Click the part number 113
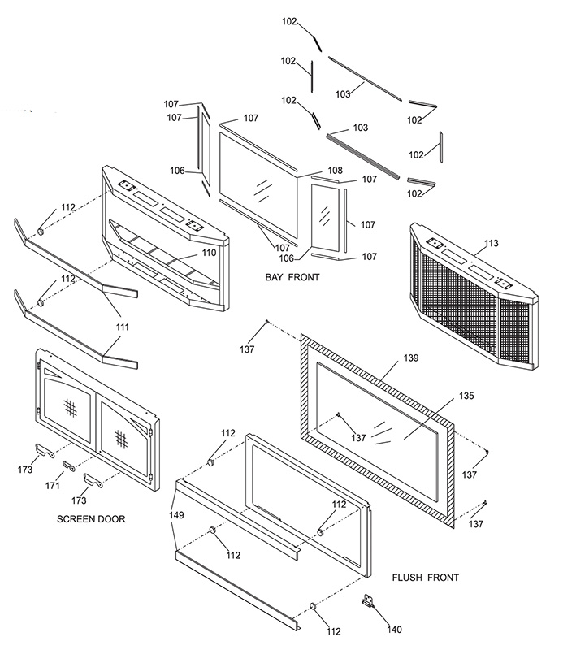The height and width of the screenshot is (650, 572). tap(492, 243)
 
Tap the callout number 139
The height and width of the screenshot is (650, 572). tap(411, 357)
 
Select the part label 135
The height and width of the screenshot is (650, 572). tap(466, 396)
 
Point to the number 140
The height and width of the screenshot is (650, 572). tap(394, 630)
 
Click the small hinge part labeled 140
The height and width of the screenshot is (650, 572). tap(366, 600)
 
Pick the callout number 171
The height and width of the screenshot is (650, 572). tap(53, 485)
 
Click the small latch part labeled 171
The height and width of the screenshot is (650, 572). tap(68, 466)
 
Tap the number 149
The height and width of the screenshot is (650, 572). tap(176, 515)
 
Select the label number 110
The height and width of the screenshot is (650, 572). tap(209, 253)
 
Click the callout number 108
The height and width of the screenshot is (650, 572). tap(335, 170)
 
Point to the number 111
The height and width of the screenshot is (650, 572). tap(122, 327)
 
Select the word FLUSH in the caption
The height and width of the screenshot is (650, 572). tap(407, 578)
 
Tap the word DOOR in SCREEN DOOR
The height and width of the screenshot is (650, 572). tap(111, 519)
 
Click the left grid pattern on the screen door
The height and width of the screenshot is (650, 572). tap(71, 407)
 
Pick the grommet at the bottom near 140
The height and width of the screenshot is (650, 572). tap(313, 606)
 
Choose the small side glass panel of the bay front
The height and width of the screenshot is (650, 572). tap(325, 217)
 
